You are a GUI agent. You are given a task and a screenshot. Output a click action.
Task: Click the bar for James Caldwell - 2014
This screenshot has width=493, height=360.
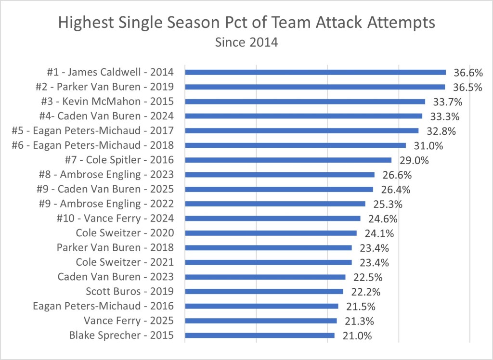pos(315,72)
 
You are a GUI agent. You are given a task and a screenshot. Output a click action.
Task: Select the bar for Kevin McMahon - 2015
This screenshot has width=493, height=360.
pos(305,102)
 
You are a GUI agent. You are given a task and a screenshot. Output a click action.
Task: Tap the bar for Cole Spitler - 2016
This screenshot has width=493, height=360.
pos(288,160)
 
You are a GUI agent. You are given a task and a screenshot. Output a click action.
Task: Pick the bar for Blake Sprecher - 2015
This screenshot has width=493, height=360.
pos(259,335)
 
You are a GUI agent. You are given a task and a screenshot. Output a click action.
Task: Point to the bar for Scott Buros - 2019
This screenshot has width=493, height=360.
pos(264,291)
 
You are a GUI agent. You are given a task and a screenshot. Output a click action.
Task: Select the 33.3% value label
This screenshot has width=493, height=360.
pos(444,116)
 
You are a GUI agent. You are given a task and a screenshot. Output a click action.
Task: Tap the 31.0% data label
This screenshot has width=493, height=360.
pos(428,145)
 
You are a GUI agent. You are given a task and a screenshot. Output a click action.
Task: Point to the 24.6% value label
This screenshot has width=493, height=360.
pos(383,219)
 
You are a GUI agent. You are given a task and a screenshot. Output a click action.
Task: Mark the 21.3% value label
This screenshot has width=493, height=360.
pos(359,321)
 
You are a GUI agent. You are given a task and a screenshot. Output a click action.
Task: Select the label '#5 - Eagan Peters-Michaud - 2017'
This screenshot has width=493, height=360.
pos(92,130)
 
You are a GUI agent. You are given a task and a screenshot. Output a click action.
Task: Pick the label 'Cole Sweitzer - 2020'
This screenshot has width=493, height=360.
pos(125,233)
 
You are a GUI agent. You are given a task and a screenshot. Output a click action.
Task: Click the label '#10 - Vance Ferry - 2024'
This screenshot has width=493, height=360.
pos(115,219)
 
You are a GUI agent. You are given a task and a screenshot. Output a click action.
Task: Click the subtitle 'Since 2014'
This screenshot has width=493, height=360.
pos(246,42)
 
